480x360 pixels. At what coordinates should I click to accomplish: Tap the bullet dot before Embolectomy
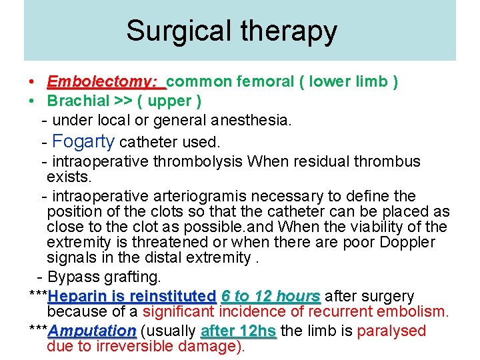[33, 82]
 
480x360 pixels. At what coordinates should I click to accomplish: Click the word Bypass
[71, 277]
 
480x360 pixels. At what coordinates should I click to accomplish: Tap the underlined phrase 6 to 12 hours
[271, 296]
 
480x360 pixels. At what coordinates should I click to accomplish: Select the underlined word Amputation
[93, 331]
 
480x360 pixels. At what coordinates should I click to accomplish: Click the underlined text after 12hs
[238, 331]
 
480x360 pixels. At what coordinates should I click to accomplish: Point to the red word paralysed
[392, 331]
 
